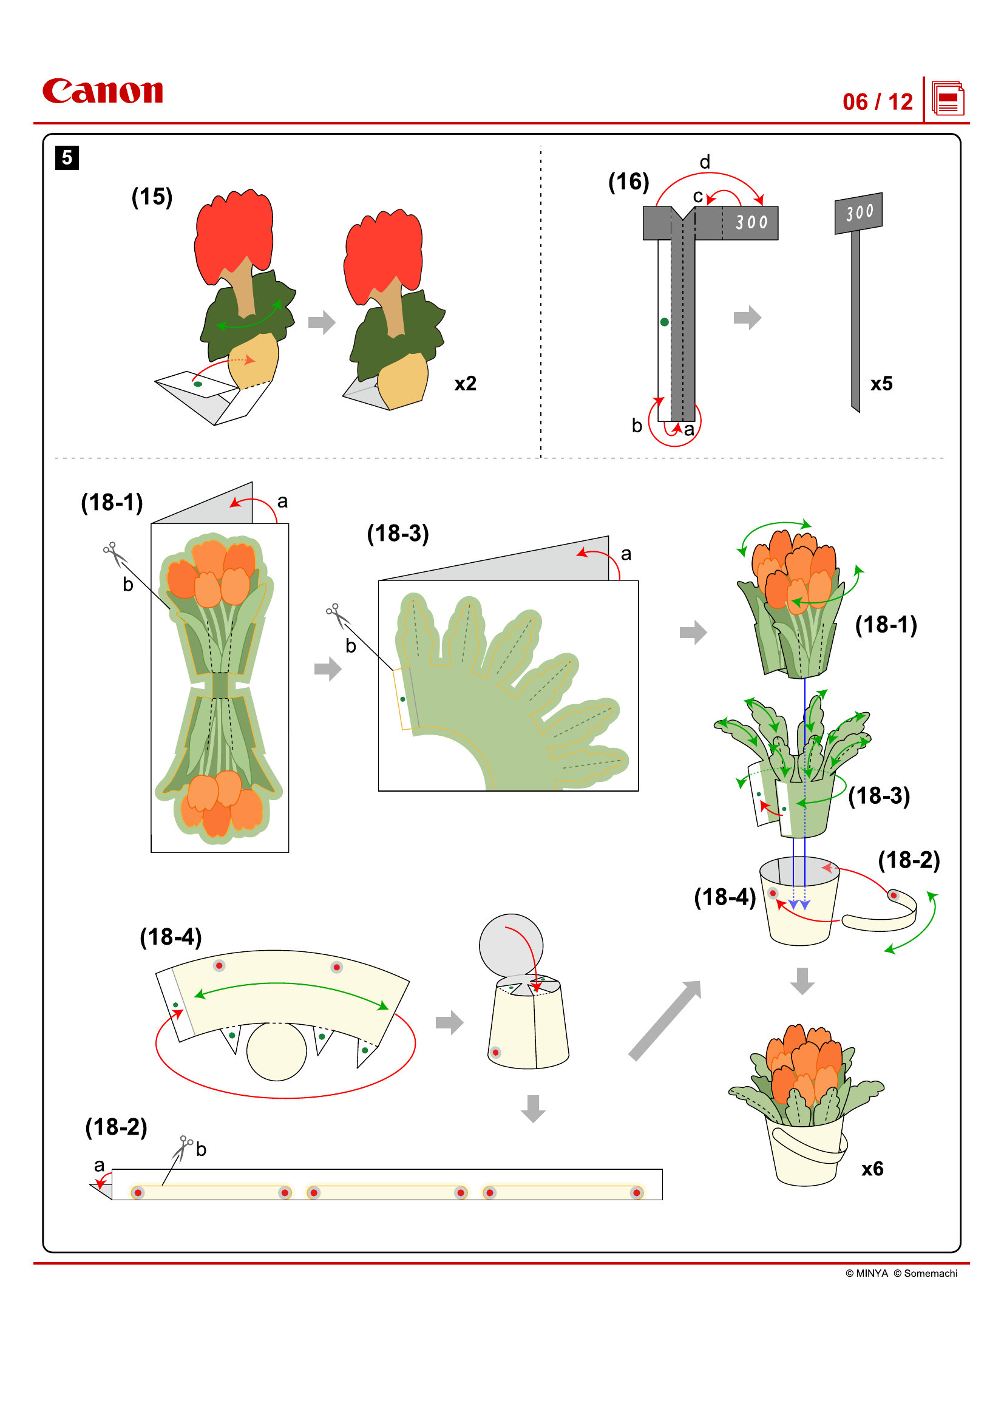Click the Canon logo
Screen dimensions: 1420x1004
click(103, 91)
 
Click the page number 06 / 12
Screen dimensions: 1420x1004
click(877, 102)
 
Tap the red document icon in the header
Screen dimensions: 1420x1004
click(948, 99)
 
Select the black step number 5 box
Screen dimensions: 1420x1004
click(67, 158)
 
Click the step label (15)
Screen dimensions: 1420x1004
click(152, 197)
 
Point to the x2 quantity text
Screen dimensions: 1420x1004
click(465, 384)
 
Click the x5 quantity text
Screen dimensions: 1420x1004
click(881, 384)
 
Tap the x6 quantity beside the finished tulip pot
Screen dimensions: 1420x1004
click(872, 1168)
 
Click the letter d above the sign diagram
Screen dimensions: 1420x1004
click(704, 162)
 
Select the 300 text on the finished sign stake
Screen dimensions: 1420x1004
click(860, 212)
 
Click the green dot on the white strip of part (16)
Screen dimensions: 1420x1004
click(664, 322)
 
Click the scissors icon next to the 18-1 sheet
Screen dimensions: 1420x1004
click(114, 554)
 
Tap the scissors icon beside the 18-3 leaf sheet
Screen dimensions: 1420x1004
click(337, 616)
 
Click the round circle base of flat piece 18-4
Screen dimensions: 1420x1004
click(276, 1051)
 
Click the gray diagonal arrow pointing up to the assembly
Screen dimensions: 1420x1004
click(665, 1021)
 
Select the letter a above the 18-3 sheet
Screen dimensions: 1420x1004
click(626, 554)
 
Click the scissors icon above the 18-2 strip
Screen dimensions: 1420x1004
click(183, 1148)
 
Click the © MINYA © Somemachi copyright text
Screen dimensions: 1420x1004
click(901, 1273)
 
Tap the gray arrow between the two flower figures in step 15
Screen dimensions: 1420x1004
click(322, 322)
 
